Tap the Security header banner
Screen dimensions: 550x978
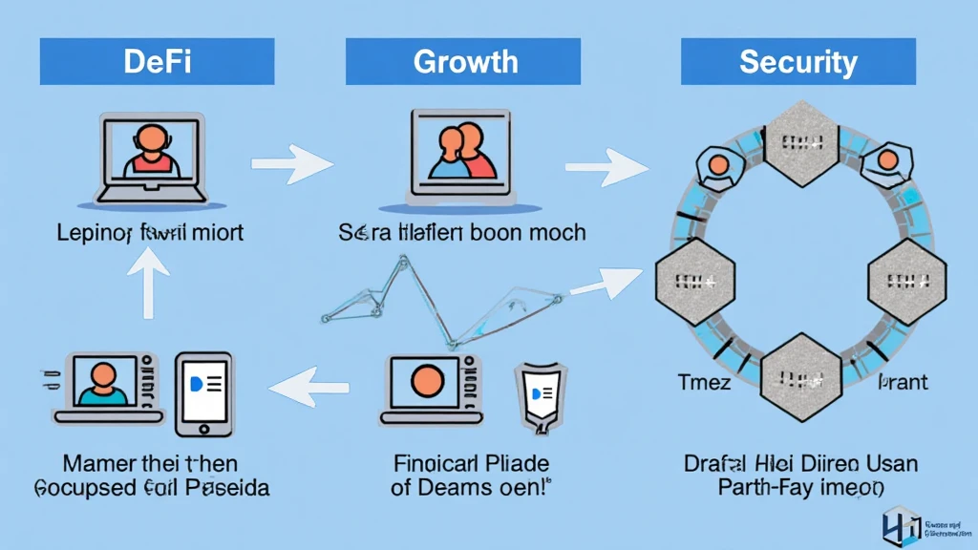pyautogui.click(x=797, y=62)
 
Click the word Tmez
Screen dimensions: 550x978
pyautogui.click(x=705, y=383)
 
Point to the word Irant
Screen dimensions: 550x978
pyautogui.click(x=902, y=383)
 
